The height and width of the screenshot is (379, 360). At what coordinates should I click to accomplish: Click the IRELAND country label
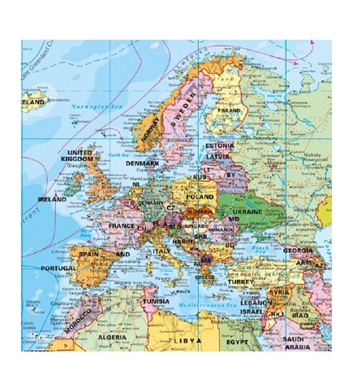pyautogui.click(x=52, y=200)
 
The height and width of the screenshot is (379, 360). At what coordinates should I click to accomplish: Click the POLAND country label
pyautogui.click(x=200, y=196)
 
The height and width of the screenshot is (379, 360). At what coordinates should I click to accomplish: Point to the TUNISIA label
pyautogui.click(x=155, y=300)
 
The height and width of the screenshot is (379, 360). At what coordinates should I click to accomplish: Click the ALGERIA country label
pyautogui.click(x=111, y=336)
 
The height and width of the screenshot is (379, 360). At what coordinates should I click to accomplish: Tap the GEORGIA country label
pyautogui.click(x=297, y=250)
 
